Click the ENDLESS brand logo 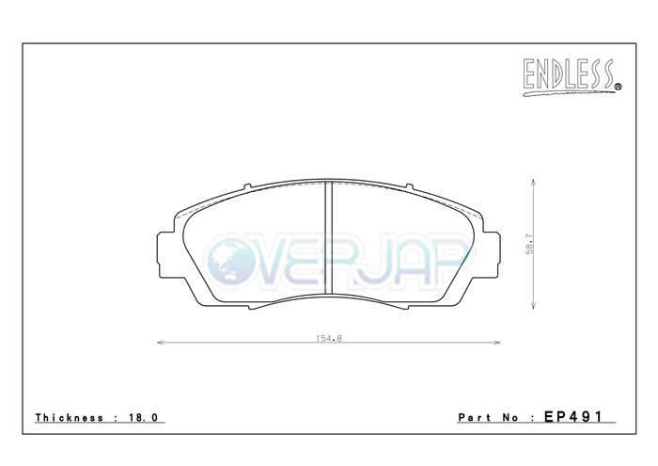pyautogui.click(x=572, y=77)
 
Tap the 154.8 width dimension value pyautogui.click(x=329, y=338)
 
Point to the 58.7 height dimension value pyautogui.click(x=529, y=244)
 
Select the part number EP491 pyautogui.click(x=573, y=416)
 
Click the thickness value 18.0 pyautogui.click(x=144, y=417)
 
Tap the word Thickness pyautogui.click(x=70, y=417)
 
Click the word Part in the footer pyautogui.click(x=474, y=417)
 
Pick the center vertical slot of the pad pyautogui.click(x=329, y=238)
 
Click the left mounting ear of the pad pyautogui.click(x=165, y=254)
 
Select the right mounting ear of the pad pyautogui.click(x=492, y=254)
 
